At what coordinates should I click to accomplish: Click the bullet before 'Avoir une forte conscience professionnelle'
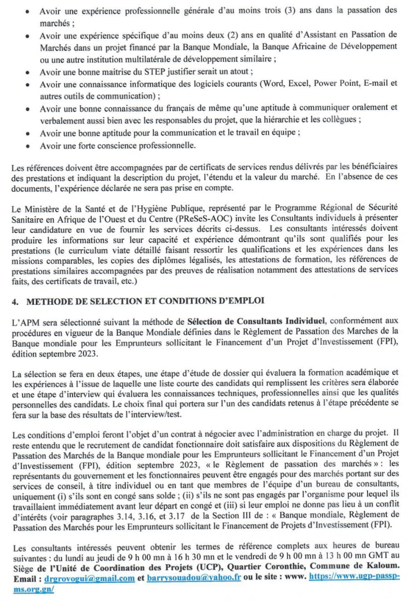click(28, 146)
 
